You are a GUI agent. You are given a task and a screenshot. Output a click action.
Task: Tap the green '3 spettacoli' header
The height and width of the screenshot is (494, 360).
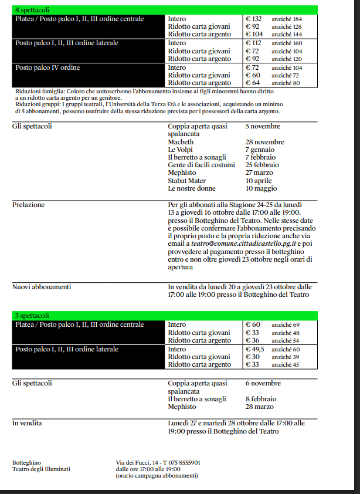pos(32,316)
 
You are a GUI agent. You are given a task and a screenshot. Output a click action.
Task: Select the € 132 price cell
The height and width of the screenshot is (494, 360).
pos(253,19)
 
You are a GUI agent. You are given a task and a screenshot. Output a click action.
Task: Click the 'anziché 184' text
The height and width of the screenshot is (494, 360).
pos(286,19)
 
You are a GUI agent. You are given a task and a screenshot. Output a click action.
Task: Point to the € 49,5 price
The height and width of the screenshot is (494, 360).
pos(255,349)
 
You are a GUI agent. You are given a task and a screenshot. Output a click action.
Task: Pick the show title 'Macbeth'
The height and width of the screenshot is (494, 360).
pos(181,142)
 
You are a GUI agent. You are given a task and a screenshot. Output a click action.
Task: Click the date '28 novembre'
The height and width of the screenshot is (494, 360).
pos(264,142)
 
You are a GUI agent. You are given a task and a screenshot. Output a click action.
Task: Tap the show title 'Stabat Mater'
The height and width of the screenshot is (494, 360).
pos(187,181)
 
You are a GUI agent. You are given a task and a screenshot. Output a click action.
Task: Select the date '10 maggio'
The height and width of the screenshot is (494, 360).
pos(261,188)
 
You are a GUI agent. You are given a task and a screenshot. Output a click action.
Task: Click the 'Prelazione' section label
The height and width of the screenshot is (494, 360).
pos(29,205)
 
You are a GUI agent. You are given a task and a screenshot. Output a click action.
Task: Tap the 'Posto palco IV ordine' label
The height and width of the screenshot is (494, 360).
pos(48,67)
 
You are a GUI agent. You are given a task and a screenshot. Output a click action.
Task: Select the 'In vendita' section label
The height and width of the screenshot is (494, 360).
pos(27,422)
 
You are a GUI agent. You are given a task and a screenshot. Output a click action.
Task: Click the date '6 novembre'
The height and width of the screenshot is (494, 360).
pos(263,383)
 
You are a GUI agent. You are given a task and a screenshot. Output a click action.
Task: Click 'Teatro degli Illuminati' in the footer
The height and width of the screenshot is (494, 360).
pos(41,469)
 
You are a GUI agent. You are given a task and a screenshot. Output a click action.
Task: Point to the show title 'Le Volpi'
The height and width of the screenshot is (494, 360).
pos(179,150)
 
